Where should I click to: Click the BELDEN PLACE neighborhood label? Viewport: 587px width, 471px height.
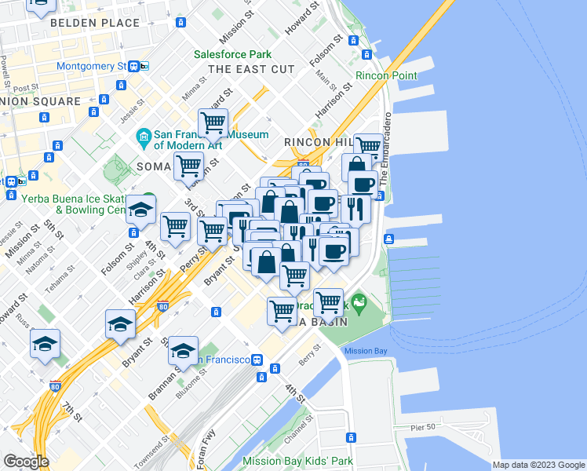click(94, 24)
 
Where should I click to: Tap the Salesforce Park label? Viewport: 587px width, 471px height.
click(233, 55)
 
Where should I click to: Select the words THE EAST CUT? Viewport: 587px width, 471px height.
click(251, 70)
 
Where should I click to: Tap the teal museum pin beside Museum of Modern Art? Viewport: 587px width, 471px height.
click(144, 139)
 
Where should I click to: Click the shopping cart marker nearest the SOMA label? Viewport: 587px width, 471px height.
click(189, 166)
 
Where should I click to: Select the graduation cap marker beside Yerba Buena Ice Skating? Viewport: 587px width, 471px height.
click(140, 209)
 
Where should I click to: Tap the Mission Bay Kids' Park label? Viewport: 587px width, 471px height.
click(298, 462)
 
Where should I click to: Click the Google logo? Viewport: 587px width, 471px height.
click(26, 462)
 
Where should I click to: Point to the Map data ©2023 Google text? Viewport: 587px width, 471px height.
click(538, 465)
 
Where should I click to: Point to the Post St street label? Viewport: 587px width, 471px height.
click(26, 88)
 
